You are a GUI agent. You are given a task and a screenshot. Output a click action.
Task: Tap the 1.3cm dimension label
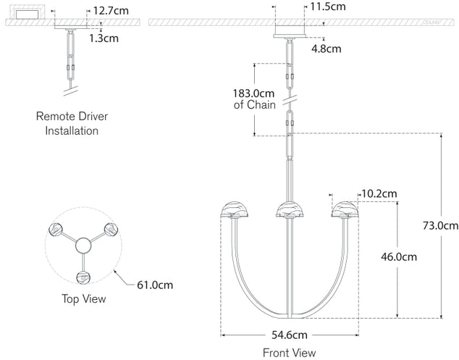[104, 38]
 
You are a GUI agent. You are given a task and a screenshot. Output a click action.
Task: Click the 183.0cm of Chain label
[254, 99]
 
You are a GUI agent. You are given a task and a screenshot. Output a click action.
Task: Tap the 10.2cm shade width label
[379, 193]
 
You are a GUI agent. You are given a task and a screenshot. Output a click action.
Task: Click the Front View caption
[289, 353]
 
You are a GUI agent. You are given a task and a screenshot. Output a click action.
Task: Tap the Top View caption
[84, 298]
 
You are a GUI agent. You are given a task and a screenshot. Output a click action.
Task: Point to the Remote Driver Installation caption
[72, 123]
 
